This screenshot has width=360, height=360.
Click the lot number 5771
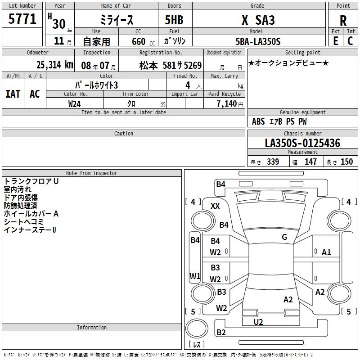[22, 19]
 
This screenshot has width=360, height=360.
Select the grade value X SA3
[258, 20]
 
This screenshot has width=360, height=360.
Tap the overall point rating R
[343, 21]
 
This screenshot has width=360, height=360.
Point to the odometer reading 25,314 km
[54, 65]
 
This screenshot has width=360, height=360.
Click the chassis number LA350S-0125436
[302, 143]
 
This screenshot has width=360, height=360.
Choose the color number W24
[74, 104]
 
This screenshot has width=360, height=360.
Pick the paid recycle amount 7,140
[227, 103]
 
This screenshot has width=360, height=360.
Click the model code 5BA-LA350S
[258, 41]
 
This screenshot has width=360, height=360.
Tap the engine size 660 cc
[143, 42]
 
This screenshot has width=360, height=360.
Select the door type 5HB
[174, 20]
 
